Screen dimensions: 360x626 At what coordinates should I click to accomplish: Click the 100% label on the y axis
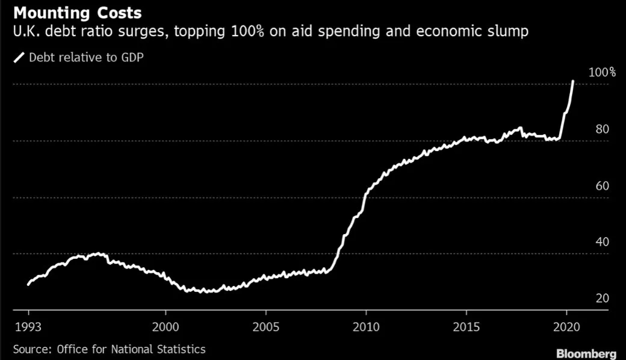(602, 72)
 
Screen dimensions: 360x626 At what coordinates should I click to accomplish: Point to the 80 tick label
(603, 129)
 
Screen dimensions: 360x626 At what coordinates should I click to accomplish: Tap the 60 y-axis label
(603, 185)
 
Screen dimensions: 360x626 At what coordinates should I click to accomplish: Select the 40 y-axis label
(603, 242)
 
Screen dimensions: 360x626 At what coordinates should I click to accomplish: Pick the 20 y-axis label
(603, 299)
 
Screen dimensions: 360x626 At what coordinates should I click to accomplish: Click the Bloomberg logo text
(586, 353)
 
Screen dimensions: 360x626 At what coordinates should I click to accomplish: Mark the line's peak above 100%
(573, 81)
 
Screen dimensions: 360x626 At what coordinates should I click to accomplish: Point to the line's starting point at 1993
(28, 284)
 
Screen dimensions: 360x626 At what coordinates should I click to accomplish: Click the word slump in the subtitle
(510, 31)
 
